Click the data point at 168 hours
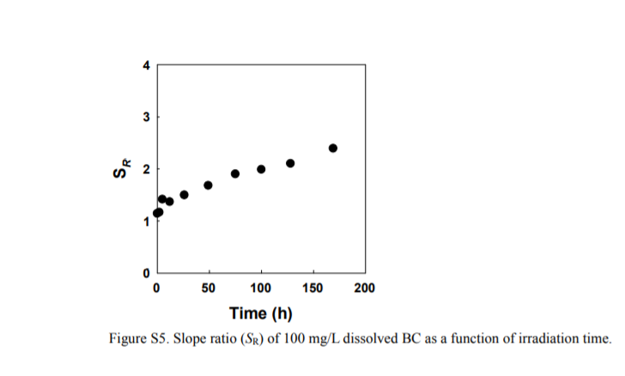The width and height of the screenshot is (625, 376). point(333,148)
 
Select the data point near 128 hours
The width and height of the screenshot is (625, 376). point(290,163)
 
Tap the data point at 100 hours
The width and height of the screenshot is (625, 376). point(261,169)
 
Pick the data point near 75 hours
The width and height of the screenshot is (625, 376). point(235,173)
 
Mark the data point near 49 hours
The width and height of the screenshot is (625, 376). point(208,185)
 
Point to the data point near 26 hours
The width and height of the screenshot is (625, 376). point(184,195)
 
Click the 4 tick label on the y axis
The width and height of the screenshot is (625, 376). point(147,65)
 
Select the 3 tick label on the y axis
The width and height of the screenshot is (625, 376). point(147,117)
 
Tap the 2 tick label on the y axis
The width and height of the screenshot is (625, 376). point(147,169)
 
